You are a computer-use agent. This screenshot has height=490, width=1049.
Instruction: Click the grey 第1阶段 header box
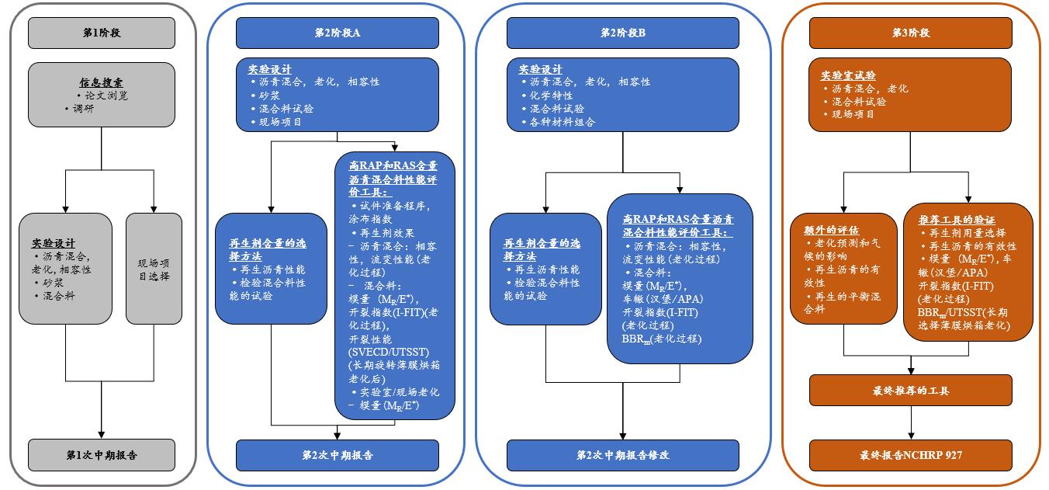coord(102,33)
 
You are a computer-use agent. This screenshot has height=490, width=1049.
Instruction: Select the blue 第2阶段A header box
coord(337,33)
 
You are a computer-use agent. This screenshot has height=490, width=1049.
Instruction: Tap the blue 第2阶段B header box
coord(623,33)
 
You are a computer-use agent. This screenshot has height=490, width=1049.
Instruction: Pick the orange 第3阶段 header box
coord(910,33)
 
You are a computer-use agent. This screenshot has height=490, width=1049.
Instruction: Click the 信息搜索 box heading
coord(101,82)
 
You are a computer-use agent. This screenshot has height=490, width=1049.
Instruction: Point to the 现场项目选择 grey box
coord(154,269)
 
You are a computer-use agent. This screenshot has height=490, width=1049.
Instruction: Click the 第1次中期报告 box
coord(102,455)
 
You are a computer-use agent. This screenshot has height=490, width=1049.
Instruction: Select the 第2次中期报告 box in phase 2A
coord(337,455)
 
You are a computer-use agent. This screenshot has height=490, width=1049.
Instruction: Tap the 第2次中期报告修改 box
coord(623,455)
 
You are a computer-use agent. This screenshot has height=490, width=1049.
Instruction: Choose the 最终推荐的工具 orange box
coord(910,391)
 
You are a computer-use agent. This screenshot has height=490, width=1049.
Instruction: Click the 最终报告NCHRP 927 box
coord(910,455)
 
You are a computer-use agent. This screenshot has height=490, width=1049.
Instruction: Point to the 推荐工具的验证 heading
coord(957,220)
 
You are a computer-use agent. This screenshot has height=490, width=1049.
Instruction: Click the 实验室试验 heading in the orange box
coord(848,75)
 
